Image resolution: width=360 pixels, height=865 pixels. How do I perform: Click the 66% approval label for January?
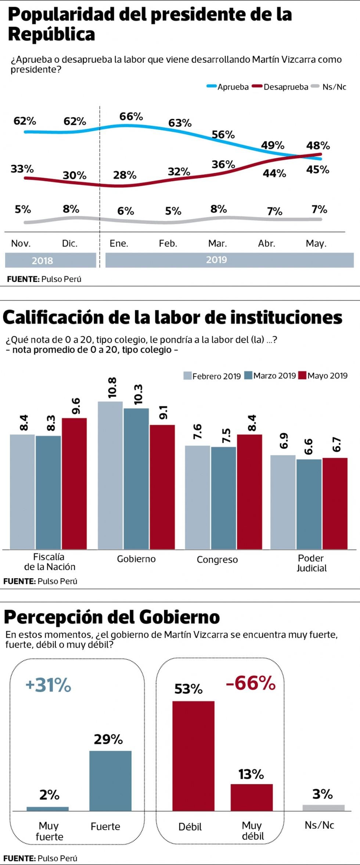click(x=131, y=116)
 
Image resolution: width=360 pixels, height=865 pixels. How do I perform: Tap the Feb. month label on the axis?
click(x=168, y=243)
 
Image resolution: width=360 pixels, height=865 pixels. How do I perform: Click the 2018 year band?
click(x=50, y=260)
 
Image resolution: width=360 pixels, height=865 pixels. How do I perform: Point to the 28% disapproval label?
click(x=125, y=175)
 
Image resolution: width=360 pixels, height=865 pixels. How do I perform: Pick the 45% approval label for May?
click(x=318, y=170)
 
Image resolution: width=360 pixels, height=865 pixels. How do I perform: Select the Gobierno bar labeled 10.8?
click(x=110, y=475)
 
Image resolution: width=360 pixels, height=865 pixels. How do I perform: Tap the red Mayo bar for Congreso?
click(x=249, y=492)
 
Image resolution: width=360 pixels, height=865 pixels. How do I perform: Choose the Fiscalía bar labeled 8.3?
click(x=48, y=492)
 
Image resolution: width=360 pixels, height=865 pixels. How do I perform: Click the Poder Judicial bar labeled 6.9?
click(x=283, y=502)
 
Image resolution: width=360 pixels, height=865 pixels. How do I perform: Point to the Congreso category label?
click(x=217, y=560)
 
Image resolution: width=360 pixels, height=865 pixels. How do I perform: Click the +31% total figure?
click(x=48, y=685)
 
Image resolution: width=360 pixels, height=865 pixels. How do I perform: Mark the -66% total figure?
click(x=251, y=683)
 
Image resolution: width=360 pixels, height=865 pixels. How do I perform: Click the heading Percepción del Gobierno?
click(x=112, y=617)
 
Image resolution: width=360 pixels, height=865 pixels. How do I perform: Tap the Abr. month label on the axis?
click(x=266, y=243)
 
